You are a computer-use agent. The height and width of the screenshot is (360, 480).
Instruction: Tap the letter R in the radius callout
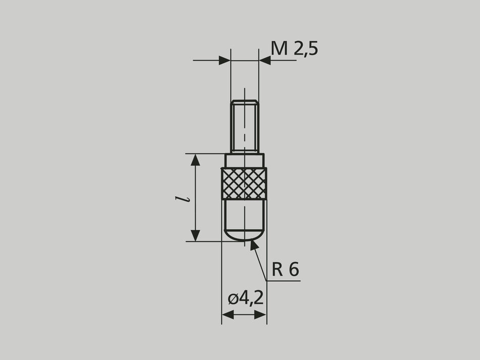point(277,270)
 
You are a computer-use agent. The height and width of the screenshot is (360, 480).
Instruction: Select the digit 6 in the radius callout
point(294,270)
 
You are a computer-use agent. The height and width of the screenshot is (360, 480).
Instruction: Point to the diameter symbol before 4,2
point(232,298)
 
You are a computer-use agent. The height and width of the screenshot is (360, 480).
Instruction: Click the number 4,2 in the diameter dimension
point(251,298)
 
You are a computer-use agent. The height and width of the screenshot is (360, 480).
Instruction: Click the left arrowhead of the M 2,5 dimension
point(225,61)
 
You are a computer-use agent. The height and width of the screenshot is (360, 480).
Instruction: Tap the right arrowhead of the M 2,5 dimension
point(264,61)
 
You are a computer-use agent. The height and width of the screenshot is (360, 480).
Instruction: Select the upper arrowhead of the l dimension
point(195,160)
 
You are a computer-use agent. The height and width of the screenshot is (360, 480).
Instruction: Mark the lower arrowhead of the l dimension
point(195,235)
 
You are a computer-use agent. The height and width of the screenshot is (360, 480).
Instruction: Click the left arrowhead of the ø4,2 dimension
point(227,315)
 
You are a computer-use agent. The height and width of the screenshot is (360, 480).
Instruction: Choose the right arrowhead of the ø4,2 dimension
point(261,315)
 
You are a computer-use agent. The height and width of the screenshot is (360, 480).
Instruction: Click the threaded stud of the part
point(245,126)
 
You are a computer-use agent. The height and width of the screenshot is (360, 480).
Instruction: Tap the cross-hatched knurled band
point(244,183)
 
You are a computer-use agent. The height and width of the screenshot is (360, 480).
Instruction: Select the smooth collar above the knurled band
point(245,161)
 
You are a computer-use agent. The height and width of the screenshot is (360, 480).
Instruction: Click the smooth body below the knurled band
point(244,215)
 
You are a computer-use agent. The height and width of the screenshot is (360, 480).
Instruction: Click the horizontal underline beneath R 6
point(283,281)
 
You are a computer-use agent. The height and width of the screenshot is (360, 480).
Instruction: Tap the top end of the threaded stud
point(245,101)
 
